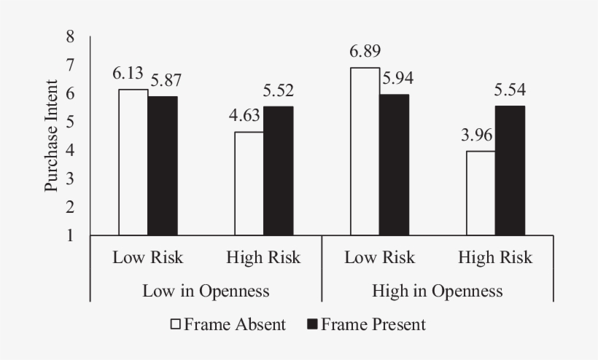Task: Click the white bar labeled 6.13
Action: pos(133,163)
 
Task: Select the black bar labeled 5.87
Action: pos(163,166)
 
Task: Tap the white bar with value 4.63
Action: pos(249,184)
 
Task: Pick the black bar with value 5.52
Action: pos(278,171)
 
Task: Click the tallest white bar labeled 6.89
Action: pos(365,152)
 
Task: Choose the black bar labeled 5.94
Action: pos(394,165)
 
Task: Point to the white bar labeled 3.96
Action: pos(481,193)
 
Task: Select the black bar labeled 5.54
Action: pos(510,171)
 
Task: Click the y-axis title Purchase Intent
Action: pos(51,136)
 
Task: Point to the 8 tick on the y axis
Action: pos(70,36)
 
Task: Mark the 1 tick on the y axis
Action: pos(70,235)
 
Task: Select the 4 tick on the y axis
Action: pos(70,150)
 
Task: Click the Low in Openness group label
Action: pos(205,291)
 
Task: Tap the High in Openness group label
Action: pos(437,291)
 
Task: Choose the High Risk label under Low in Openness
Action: pos(263,257)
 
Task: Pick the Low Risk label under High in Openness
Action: pos(379,257)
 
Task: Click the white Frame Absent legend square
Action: pos(176,324)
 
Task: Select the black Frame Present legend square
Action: pos(312,324)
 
